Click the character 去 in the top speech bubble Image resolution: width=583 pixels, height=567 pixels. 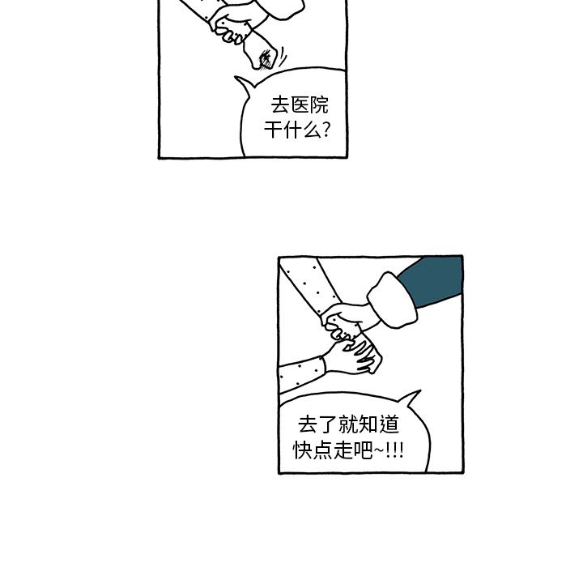(x=280, y=105)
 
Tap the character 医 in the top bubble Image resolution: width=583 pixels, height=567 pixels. (x=300, y=105)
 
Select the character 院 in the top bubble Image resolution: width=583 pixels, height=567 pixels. (x=319, y=105)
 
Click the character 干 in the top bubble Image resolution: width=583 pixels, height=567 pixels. (x=274, y=130)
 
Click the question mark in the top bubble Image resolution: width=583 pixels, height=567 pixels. (x=326, y=130)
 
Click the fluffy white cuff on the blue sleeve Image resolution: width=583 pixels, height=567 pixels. (x=392, y=301)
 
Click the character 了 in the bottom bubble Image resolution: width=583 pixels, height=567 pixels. (x=328, y=425)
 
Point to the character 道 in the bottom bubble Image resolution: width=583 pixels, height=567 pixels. (x=389, y=425)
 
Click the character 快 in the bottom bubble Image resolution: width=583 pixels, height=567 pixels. (x=303, y=450)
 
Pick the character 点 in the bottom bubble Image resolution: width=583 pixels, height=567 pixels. (x=323, y=450)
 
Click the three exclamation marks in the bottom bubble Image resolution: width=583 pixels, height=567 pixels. (x=395, y=450)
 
